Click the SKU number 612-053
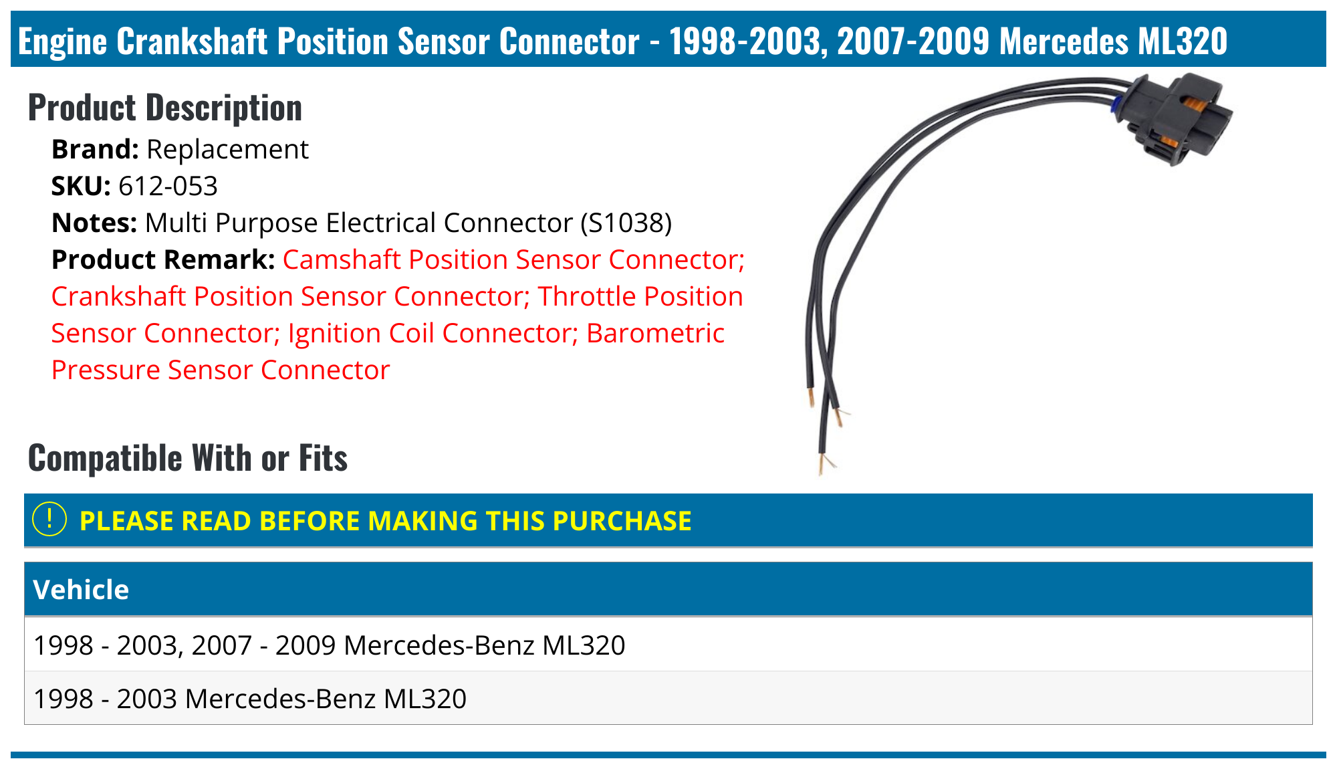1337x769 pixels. pos(168,187)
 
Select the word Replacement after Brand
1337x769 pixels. pos(227,150)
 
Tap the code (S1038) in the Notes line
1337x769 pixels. pos(626,223)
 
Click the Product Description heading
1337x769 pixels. pos(165,108)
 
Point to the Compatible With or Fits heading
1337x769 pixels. pos(188,459)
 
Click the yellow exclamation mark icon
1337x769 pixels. pos(49,520)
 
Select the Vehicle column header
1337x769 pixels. pos(81,590)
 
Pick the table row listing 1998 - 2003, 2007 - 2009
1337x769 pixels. pos(330,645)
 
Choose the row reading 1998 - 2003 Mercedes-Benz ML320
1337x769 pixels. pos(250,699)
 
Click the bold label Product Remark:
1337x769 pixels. pos(163,260)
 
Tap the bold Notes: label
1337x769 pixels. pos(94,223)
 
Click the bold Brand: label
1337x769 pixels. pos(95,150)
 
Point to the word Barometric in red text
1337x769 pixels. pos(655,334)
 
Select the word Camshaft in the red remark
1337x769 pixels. pos(342,260)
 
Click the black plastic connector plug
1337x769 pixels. pos(1177,117)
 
